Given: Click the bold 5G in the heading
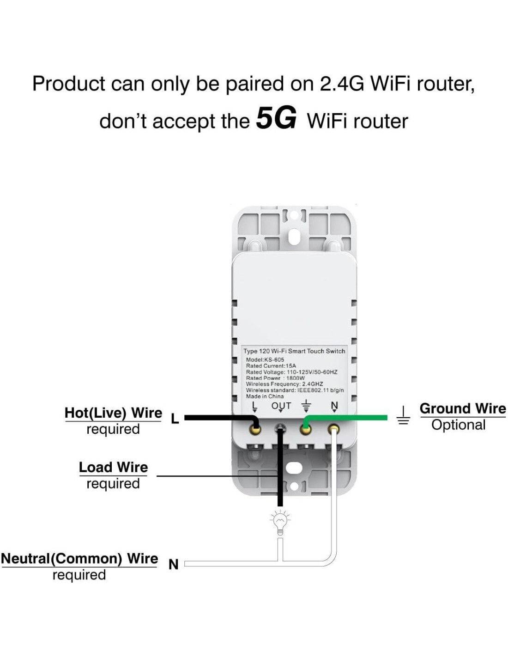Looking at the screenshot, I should pos(276,118).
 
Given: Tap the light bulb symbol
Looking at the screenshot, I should pos(279,523).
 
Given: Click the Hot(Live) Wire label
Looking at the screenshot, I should pos(113,413).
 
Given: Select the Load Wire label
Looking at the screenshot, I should pos(113,468).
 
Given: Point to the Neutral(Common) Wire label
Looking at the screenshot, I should pos(79,559).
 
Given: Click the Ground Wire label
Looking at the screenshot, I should pos(462,409).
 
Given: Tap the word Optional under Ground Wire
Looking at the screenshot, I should pos(458,425).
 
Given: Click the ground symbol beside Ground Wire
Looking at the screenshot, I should pos(403,415).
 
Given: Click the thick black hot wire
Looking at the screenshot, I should pos(217,418).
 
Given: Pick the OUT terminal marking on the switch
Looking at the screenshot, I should pos(281,406).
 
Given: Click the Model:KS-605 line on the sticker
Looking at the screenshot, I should pos(265,359).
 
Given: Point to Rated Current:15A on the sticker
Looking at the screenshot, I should pos(271,366).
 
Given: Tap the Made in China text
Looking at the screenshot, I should pos(265,396).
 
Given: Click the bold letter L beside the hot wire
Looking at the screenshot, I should pos(175,419).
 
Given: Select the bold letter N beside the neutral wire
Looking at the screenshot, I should pos(174,565).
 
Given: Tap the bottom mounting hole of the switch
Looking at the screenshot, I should pos(294,468).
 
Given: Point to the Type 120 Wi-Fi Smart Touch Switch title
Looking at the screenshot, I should pos(294,351).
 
